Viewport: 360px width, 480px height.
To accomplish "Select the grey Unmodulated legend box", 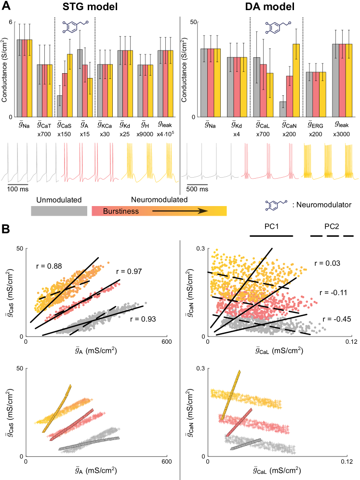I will point(59,211).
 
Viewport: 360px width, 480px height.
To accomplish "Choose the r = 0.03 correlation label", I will point(326,263).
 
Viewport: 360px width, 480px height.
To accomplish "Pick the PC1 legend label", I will point(271,226).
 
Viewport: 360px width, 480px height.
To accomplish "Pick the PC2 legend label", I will point(332,226).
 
